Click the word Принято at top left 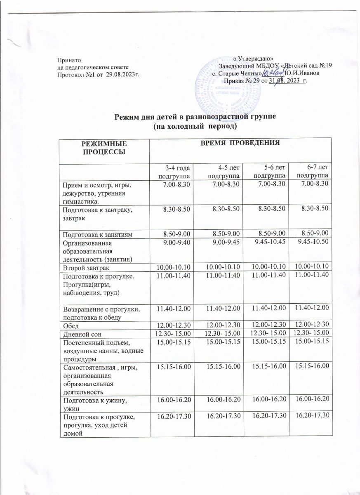(x=66, y=60)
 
